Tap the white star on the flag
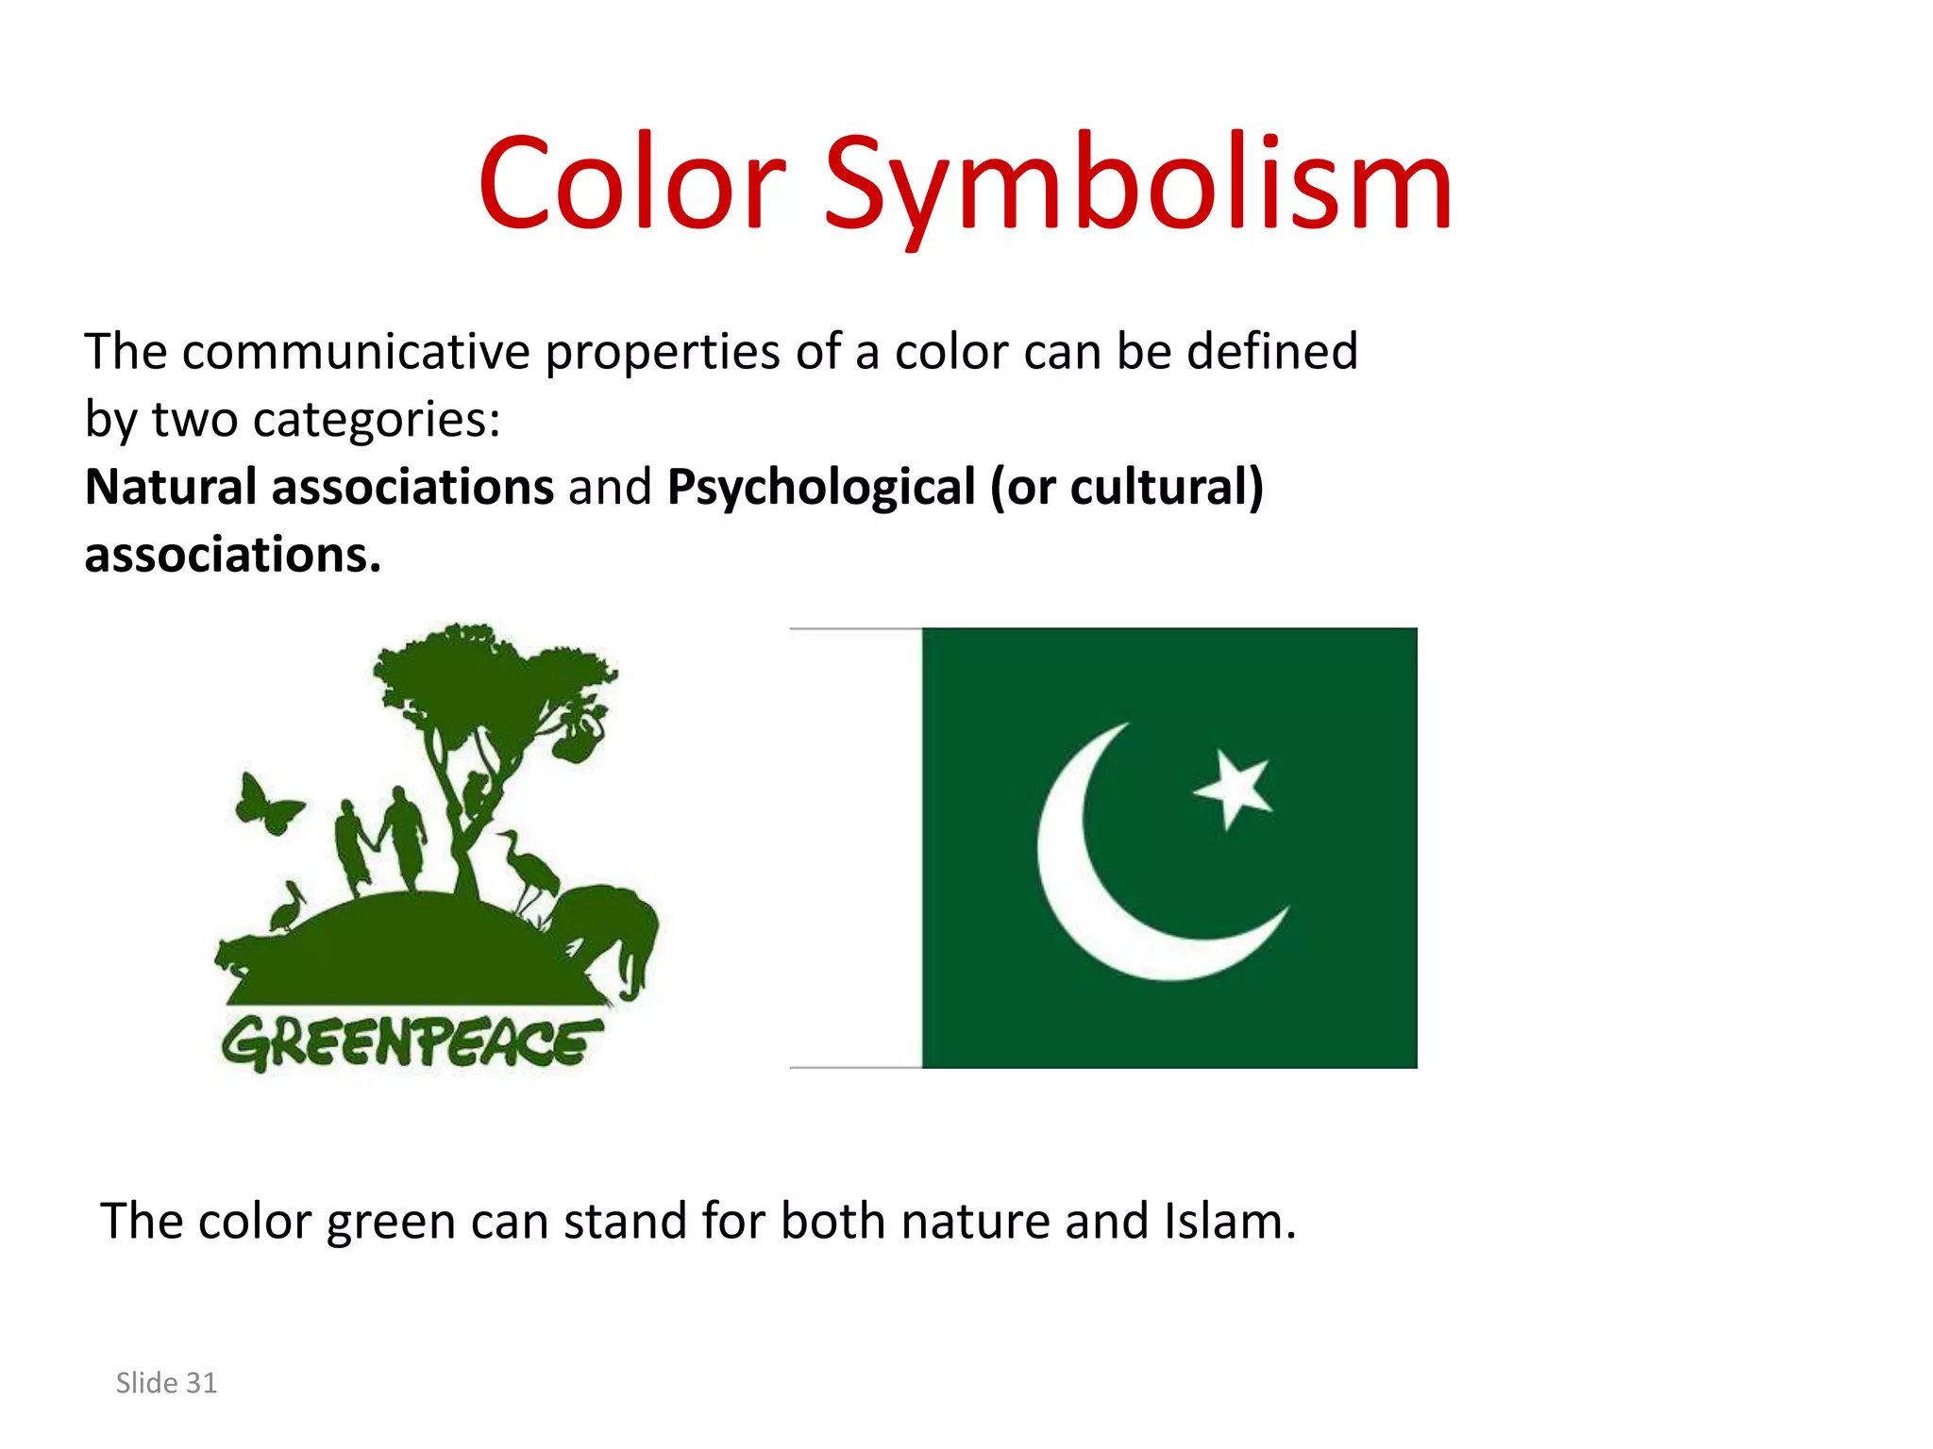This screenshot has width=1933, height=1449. coord(1234,787)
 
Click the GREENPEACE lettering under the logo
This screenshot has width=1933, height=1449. coord(412,1042)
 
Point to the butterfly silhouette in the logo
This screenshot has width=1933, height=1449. coord(267,805)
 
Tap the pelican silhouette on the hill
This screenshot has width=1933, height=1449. coord(287,908)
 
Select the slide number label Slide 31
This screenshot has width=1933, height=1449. coord(166,1383)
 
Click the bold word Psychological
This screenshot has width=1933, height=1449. coord(820,488)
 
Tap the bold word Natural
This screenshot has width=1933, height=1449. coord(171,488)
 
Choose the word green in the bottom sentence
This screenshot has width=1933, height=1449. coord(390,1223)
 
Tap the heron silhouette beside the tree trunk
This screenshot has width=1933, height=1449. coord(529,868)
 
